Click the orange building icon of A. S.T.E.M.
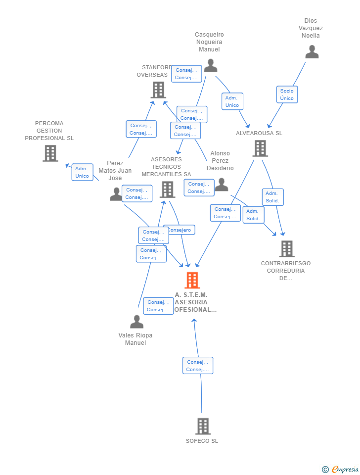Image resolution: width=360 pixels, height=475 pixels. (x=192, y=280)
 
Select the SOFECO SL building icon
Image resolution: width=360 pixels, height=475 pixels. (x=203, y=426)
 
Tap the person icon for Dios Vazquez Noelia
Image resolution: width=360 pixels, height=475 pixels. (x=312, y=52)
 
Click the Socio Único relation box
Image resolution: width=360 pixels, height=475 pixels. (x=287, y=95)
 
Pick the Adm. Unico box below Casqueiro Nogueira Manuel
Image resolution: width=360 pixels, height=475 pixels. (x=232, y=101)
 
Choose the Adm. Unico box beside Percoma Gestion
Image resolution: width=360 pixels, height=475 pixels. (x=82, y=172)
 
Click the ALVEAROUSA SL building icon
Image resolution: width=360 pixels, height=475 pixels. (x=260, y=148)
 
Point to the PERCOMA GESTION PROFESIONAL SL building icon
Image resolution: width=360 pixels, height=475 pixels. (x=50, y=153)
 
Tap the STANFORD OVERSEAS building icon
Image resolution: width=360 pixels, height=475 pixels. (x=158, y=90)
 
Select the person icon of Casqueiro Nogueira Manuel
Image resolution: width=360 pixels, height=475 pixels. (x=211, y=66)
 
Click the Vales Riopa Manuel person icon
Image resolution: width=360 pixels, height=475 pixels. (x=136, y=322)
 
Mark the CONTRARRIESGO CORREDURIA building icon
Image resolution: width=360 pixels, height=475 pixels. (x=286, y=249)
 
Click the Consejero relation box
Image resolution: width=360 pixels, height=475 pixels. (x=180, y=230)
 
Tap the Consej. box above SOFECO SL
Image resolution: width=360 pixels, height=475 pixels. (x=198, y=366)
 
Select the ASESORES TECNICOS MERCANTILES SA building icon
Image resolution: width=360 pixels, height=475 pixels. (x=167, y=190)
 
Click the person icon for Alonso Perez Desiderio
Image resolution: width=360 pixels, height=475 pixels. (x=222, y=185)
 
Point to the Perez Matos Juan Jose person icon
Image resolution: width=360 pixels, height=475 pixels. (x=116, y=194)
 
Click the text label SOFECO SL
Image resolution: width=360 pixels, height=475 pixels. (x=202, y=441)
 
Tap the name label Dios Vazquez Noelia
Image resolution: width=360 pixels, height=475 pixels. (x=311, y=28)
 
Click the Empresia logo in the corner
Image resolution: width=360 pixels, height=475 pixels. (x=341, y=469)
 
